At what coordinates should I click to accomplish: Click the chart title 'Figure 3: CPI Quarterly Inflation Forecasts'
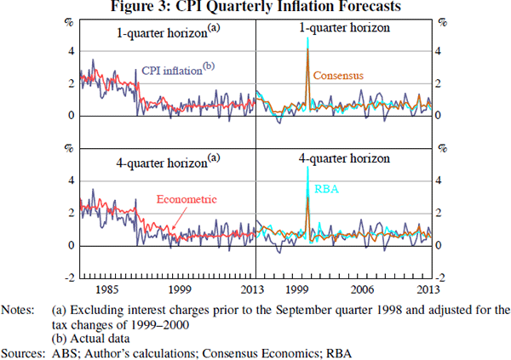[255, 8]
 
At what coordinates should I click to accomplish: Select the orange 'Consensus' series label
[338, 76]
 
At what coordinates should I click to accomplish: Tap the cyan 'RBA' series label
[327, 190]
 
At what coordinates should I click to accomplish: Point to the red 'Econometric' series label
[187, 199]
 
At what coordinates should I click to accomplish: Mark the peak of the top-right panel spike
[307, 37]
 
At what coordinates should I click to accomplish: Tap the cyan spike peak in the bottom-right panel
[307, 168]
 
